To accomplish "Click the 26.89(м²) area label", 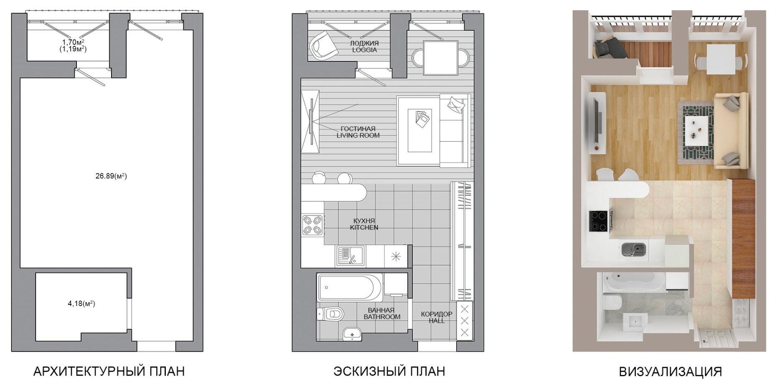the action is (x=111, y=176).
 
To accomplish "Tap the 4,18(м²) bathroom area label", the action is (x=81, y=304).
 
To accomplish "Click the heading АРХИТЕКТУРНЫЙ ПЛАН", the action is (x=109, y=371).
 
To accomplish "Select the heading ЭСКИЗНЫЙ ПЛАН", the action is (x=389, y=371).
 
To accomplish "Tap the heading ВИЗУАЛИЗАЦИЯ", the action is (x=670, y=371).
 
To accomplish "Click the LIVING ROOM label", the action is (x=358, y=135).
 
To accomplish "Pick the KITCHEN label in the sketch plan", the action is (x=364, y=228).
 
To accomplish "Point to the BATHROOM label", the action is (x=382, y=317).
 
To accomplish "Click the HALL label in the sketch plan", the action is (x=437, y=321).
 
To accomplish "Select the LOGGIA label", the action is (x=364, y=50).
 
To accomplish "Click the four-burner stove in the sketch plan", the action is (x=312, y=225).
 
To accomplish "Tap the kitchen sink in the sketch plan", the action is (x=350, y=256).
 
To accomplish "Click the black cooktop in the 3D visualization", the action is (x=599, y=221).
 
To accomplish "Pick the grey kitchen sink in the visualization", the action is (x=634, y=250).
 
